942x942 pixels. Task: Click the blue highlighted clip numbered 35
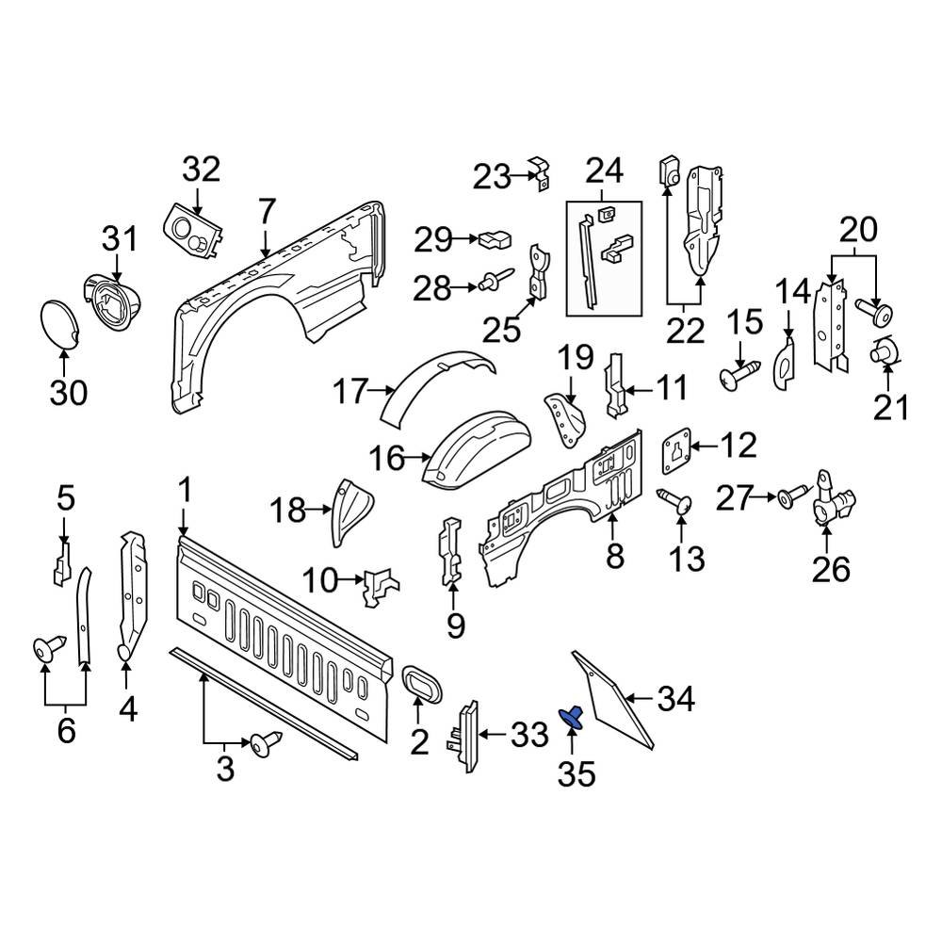[x=572, y=718]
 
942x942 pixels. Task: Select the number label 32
[x=201, y=171]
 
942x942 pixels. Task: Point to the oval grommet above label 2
[x=419, y=684]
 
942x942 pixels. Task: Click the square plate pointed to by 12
[x=677, y=447]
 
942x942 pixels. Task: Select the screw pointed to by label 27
[x=792, y=494]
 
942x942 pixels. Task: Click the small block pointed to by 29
[x=494, y=238]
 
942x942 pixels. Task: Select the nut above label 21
[x=885, y=352]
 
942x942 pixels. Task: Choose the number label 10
[x=319, y=581]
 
